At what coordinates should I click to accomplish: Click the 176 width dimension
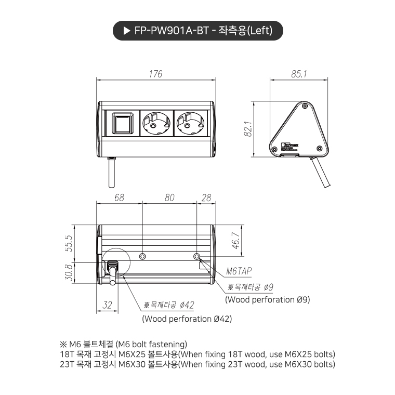[155, 74]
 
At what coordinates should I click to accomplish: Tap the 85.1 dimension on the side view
[299, 74]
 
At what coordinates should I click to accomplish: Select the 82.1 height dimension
[248, 128]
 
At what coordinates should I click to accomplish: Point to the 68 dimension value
[119, 197]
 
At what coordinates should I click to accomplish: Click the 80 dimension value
[169, 197]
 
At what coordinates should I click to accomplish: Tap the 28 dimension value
[206, 197]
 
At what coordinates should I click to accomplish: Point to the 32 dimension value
[107, 305]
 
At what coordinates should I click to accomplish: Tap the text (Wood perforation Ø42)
[187, 319]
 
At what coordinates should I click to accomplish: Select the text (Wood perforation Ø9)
[267, 299]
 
